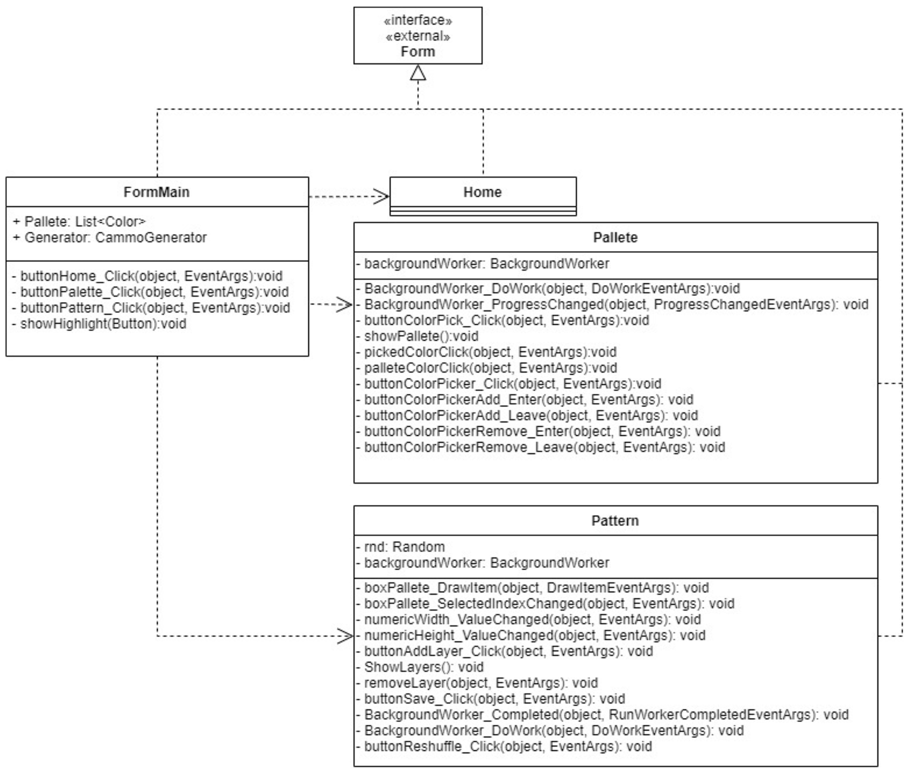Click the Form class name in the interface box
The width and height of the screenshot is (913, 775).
[x=417, y=52]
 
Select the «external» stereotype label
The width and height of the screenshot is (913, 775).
[x=417, y=36]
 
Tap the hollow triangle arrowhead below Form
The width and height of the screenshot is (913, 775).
[x=418, y=73]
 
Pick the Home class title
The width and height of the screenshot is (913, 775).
[x=482, y=192]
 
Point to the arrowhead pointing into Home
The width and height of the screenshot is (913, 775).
[x=381, y=196]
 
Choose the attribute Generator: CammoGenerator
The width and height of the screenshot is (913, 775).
[x=110, y=238]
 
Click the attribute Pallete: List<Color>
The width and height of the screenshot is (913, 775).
[x=79, y=222]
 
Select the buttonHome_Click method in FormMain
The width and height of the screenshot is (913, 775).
[x=147, y=276]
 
